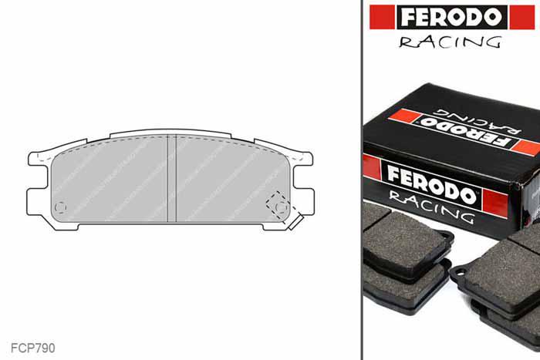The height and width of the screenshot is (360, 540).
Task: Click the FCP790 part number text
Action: (x=33, y=348)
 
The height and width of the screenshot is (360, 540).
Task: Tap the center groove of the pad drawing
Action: (x=172, y=177)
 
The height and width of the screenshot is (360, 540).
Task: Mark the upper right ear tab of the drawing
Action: (x=303, y=159)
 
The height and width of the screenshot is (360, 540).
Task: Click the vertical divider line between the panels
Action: (x=361, y=180)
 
